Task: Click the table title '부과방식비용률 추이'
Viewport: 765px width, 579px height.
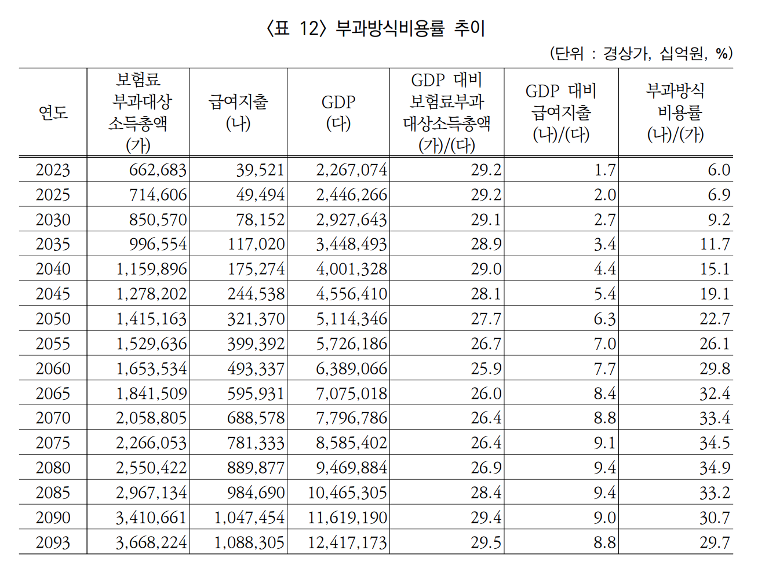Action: click(376, 28)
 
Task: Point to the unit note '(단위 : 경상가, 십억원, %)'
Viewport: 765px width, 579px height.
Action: click(641, 53)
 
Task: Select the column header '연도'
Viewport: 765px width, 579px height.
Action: click(53, 112)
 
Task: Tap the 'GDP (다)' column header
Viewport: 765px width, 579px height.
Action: click(338, 112)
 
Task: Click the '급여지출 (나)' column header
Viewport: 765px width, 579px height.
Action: click(238, 112)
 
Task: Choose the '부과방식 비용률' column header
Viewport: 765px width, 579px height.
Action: click(675, 112)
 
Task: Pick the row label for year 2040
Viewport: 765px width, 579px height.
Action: click(53, 269)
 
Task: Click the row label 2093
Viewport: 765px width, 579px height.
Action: click(53, 542)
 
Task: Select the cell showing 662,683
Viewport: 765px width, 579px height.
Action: click(158, 170)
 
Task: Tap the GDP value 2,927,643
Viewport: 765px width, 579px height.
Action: click(351, 220)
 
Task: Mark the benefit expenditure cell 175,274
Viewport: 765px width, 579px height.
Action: click(256, 269)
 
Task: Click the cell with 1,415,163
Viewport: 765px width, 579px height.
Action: click(151, 319)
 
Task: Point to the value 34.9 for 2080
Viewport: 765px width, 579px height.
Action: click(715, 468)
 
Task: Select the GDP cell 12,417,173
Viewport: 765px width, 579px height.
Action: click(347, 542)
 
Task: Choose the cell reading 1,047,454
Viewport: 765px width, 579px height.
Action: click(250, 518)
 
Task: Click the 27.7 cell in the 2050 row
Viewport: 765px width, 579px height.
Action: click(486, 319)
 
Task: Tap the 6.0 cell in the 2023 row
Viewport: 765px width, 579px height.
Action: click(719, 170)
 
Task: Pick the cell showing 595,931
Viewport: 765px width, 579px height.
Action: click(256, 394)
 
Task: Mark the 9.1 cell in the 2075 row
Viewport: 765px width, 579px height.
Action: click(604, 443)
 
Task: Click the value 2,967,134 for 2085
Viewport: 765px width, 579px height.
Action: click(151, 493)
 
